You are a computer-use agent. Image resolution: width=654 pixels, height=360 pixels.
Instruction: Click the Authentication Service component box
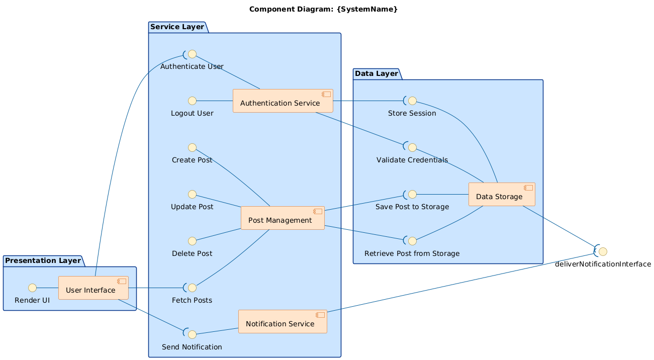coord(283,101)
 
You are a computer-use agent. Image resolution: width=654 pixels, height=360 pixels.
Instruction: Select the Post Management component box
coord(283,218)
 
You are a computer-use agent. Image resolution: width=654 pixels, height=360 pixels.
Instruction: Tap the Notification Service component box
coord(283,322)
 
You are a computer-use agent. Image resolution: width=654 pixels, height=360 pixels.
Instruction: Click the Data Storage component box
coord(501,195)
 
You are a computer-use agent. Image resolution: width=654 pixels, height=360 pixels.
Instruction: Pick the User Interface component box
coord(93,288)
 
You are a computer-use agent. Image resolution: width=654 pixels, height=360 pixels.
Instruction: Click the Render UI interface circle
coord(32,288)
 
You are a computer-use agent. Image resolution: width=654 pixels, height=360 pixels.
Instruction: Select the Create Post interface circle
coord(192,147)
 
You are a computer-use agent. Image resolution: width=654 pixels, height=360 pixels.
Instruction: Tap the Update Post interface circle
coord(192,194)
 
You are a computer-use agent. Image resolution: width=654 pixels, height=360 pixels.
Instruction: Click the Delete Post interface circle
coord(192,241)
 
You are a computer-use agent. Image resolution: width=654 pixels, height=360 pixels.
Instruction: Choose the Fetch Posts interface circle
coord(192,288)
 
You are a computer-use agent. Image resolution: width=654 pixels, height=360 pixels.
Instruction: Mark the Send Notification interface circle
coord(192,334)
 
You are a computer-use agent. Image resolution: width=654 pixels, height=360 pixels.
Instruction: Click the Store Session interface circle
coord(412,101)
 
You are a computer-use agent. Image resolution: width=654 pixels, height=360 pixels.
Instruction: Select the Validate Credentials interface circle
coord(412,147)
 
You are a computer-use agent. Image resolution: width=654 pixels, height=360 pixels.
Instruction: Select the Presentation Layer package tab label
coord(43,260)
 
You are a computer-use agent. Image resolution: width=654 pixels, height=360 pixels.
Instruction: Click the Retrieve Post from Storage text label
coord(412,253)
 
